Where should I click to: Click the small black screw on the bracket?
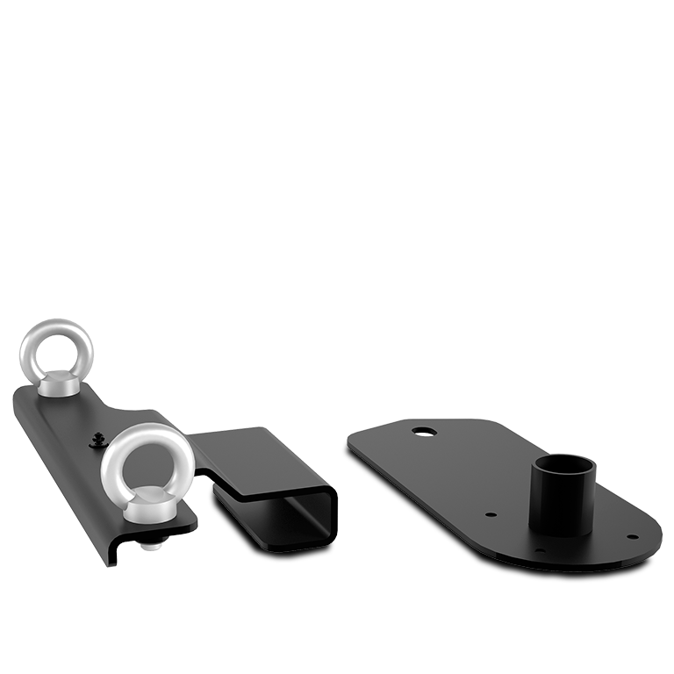(97, 438)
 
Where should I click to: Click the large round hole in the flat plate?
(425, 431)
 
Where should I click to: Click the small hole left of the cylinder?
(491, 516)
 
